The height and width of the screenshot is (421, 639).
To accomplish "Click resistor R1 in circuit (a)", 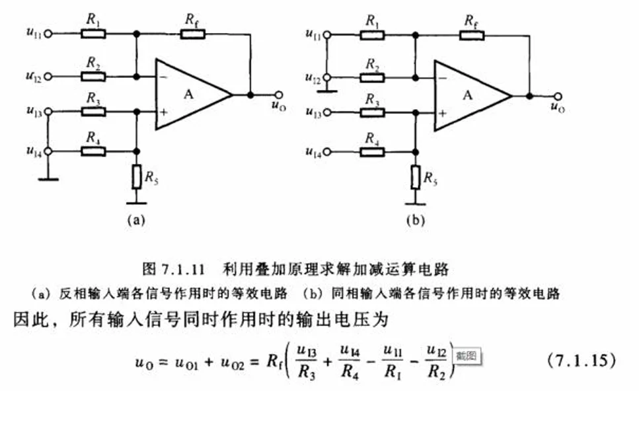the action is pos(93,34).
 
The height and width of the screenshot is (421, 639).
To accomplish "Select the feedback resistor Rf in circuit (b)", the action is pos(472,36).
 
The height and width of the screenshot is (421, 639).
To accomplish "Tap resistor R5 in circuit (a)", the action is pos(137,176).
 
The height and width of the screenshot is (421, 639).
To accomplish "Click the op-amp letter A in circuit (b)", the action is pos(467,95).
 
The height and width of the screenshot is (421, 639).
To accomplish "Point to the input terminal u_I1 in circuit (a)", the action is pos(48,34).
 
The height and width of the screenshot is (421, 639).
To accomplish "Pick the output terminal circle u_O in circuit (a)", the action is pos(279,95).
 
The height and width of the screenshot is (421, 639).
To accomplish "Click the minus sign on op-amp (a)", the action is pos(163,77).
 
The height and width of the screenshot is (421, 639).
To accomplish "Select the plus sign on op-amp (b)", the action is pos(443,113).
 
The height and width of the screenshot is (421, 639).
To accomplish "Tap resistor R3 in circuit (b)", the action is pos(372,112).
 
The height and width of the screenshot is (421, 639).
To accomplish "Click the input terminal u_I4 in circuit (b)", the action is pos(327,152).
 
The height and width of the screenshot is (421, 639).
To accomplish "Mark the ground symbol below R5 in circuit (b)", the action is pos(415,204).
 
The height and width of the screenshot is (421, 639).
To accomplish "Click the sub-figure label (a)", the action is pos(136,220).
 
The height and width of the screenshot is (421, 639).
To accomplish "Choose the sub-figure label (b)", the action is pos(416,220).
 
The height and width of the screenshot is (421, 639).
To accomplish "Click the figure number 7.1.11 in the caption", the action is pos(182,270).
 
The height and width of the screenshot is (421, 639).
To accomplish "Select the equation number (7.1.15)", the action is pos(582,360).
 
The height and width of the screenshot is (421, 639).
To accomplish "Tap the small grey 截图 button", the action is pos(467,356).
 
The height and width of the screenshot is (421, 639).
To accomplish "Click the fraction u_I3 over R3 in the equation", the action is pos(307,362).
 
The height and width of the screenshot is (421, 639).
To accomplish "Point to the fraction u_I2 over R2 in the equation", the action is pos(437,362).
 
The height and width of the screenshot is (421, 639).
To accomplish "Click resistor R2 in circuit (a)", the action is pos(93,76).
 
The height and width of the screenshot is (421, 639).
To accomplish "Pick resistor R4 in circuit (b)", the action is pos(372,152).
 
